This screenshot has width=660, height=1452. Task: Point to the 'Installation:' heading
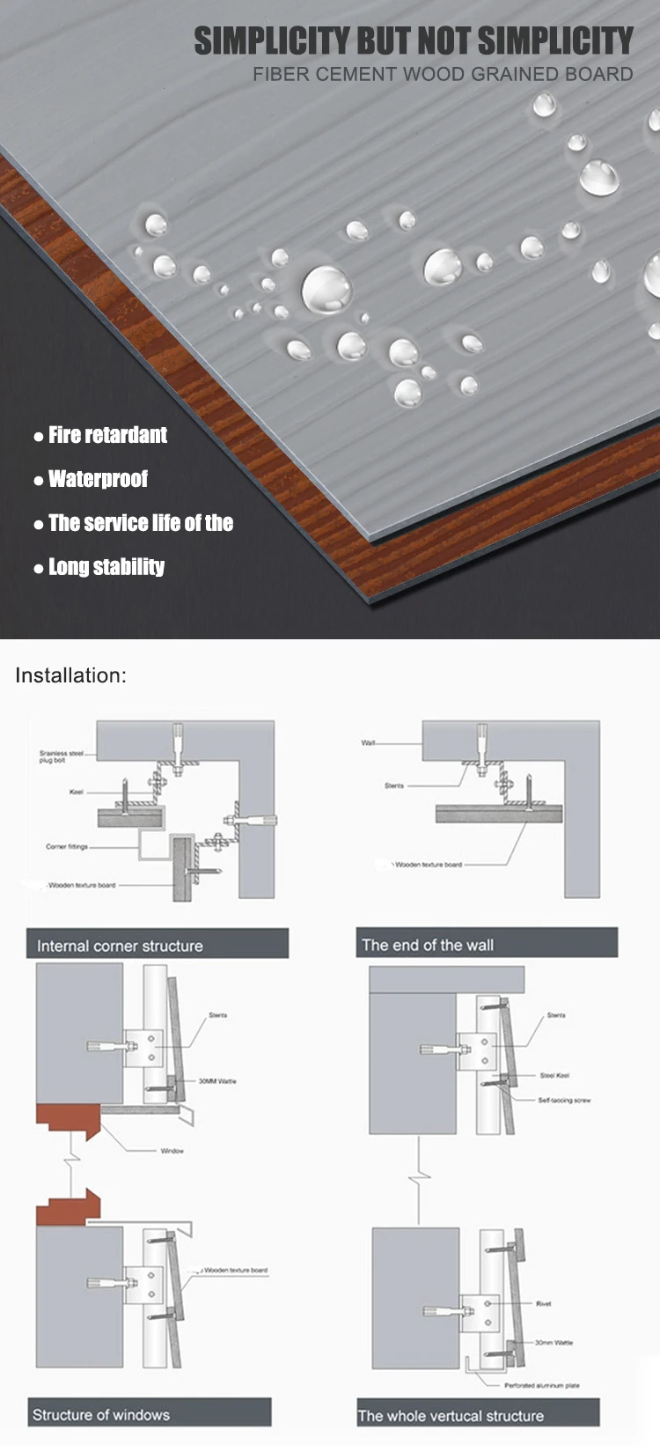[71, 675]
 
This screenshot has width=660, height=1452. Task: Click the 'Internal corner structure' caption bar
[157, 945]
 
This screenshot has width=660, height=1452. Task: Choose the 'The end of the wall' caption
[486, 944]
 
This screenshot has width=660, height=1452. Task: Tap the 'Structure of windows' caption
[148, 1414]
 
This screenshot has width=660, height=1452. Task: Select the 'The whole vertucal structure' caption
[477, 1415]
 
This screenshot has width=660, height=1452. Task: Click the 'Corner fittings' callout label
[67, 846]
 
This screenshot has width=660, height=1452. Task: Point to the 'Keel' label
[77, 792]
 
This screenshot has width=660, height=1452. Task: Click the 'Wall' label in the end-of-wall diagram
[368, 743]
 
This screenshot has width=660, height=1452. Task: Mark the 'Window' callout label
[172, 1151]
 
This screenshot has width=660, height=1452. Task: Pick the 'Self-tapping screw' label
[564, 1100]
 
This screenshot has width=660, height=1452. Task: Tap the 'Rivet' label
[543, 1303]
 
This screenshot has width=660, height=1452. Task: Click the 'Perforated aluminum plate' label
[541, 1385]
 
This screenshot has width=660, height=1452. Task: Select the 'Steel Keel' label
[554, 1075]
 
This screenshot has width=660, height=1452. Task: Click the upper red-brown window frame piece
[66, 1120]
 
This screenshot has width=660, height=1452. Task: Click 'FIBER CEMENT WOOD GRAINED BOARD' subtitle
[443, 74]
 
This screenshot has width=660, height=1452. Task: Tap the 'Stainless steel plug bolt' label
[62, 756]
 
